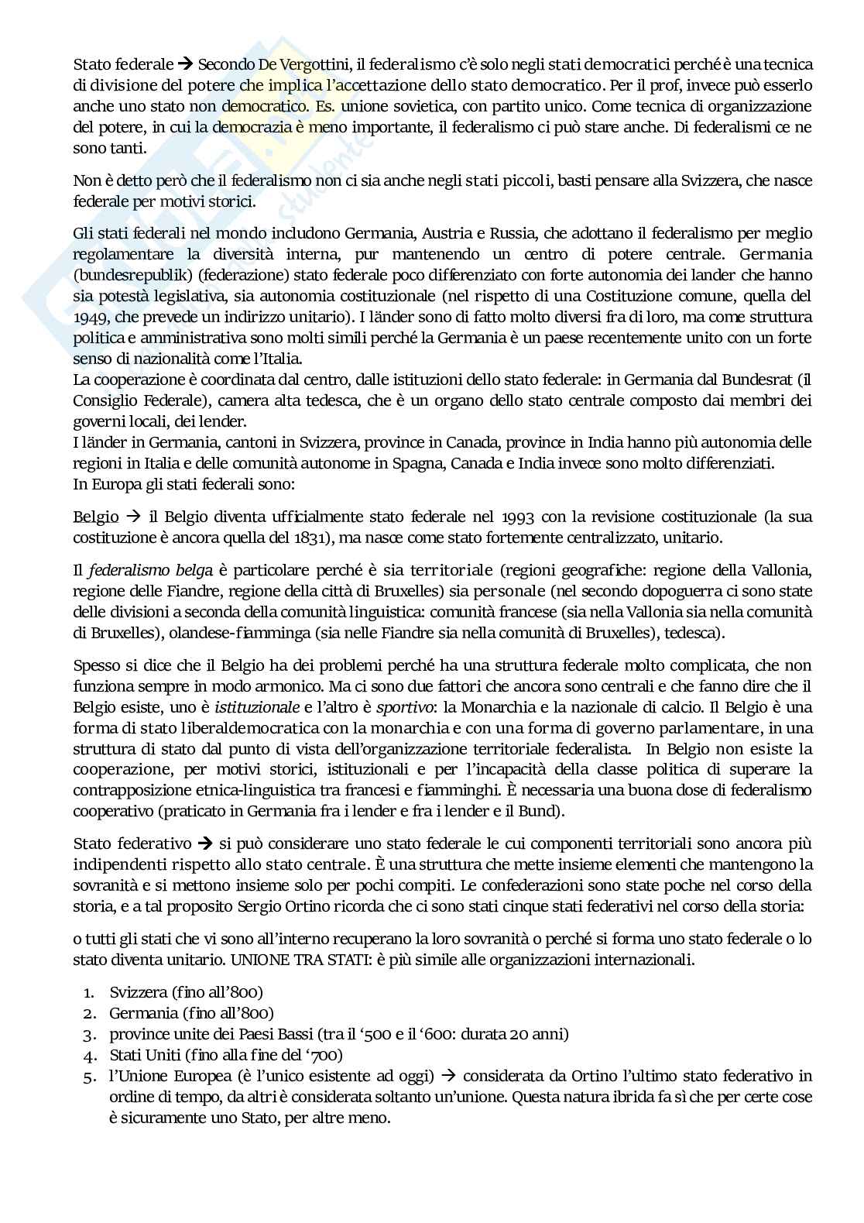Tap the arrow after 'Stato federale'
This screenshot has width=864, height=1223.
[185, 64]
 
